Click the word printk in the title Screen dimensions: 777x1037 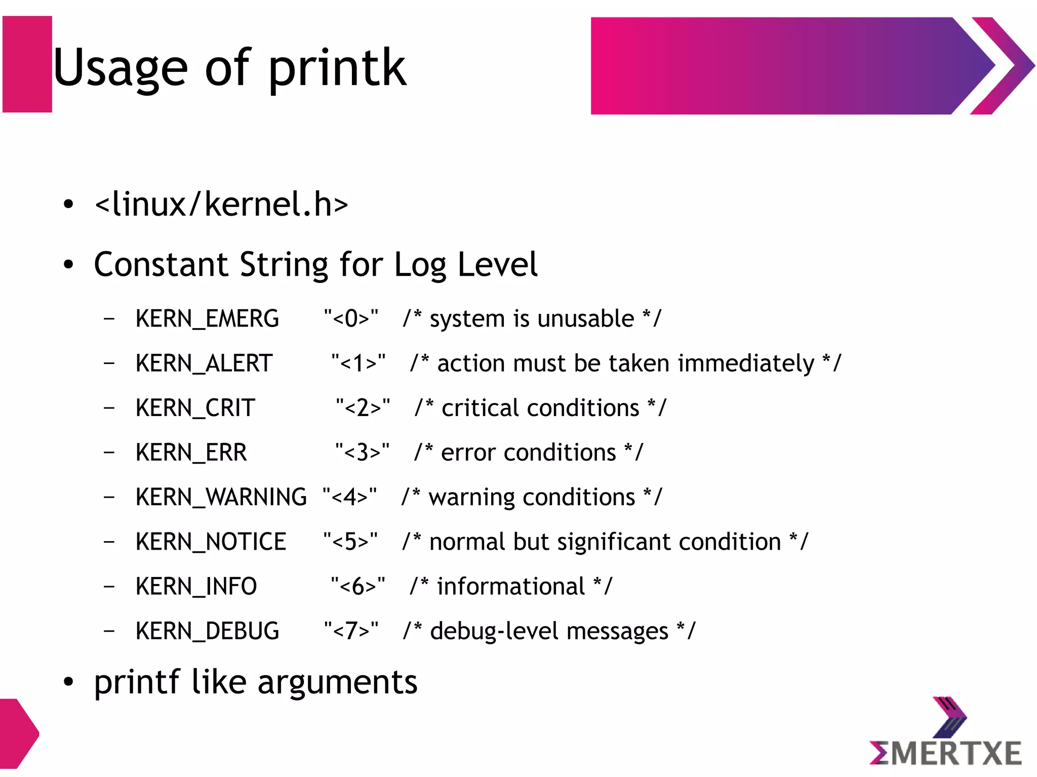(337, 68)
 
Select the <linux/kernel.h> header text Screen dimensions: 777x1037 (221, 204)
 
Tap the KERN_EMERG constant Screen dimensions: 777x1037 (207, 319)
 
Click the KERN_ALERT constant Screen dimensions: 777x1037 (204, 363)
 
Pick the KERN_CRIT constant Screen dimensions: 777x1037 (195, 408)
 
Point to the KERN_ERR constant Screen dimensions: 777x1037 (191, 453)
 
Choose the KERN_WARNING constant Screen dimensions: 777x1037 (221, 497)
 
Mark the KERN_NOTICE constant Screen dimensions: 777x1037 (211, 542)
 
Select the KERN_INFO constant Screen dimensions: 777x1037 (196, 586)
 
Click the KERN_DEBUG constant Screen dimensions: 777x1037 (207, 631)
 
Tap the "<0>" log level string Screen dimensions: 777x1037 (351, 319)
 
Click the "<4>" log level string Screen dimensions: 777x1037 (349, 497)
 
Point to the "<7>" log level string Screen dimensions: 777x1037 (351, 631)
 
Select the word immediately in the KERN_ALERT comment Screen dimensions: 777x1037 (746, 363)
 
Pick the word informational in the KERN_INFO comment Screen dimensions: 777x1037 (511, 586)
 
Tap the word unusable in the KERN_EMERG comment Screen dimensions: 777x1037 (585, 319)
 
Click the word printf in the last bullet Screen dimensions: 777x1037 (137, 682)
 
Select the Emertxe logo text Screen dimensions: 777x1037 (945, 753)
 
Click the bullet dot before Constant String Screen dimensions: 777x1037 (68, 264)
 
